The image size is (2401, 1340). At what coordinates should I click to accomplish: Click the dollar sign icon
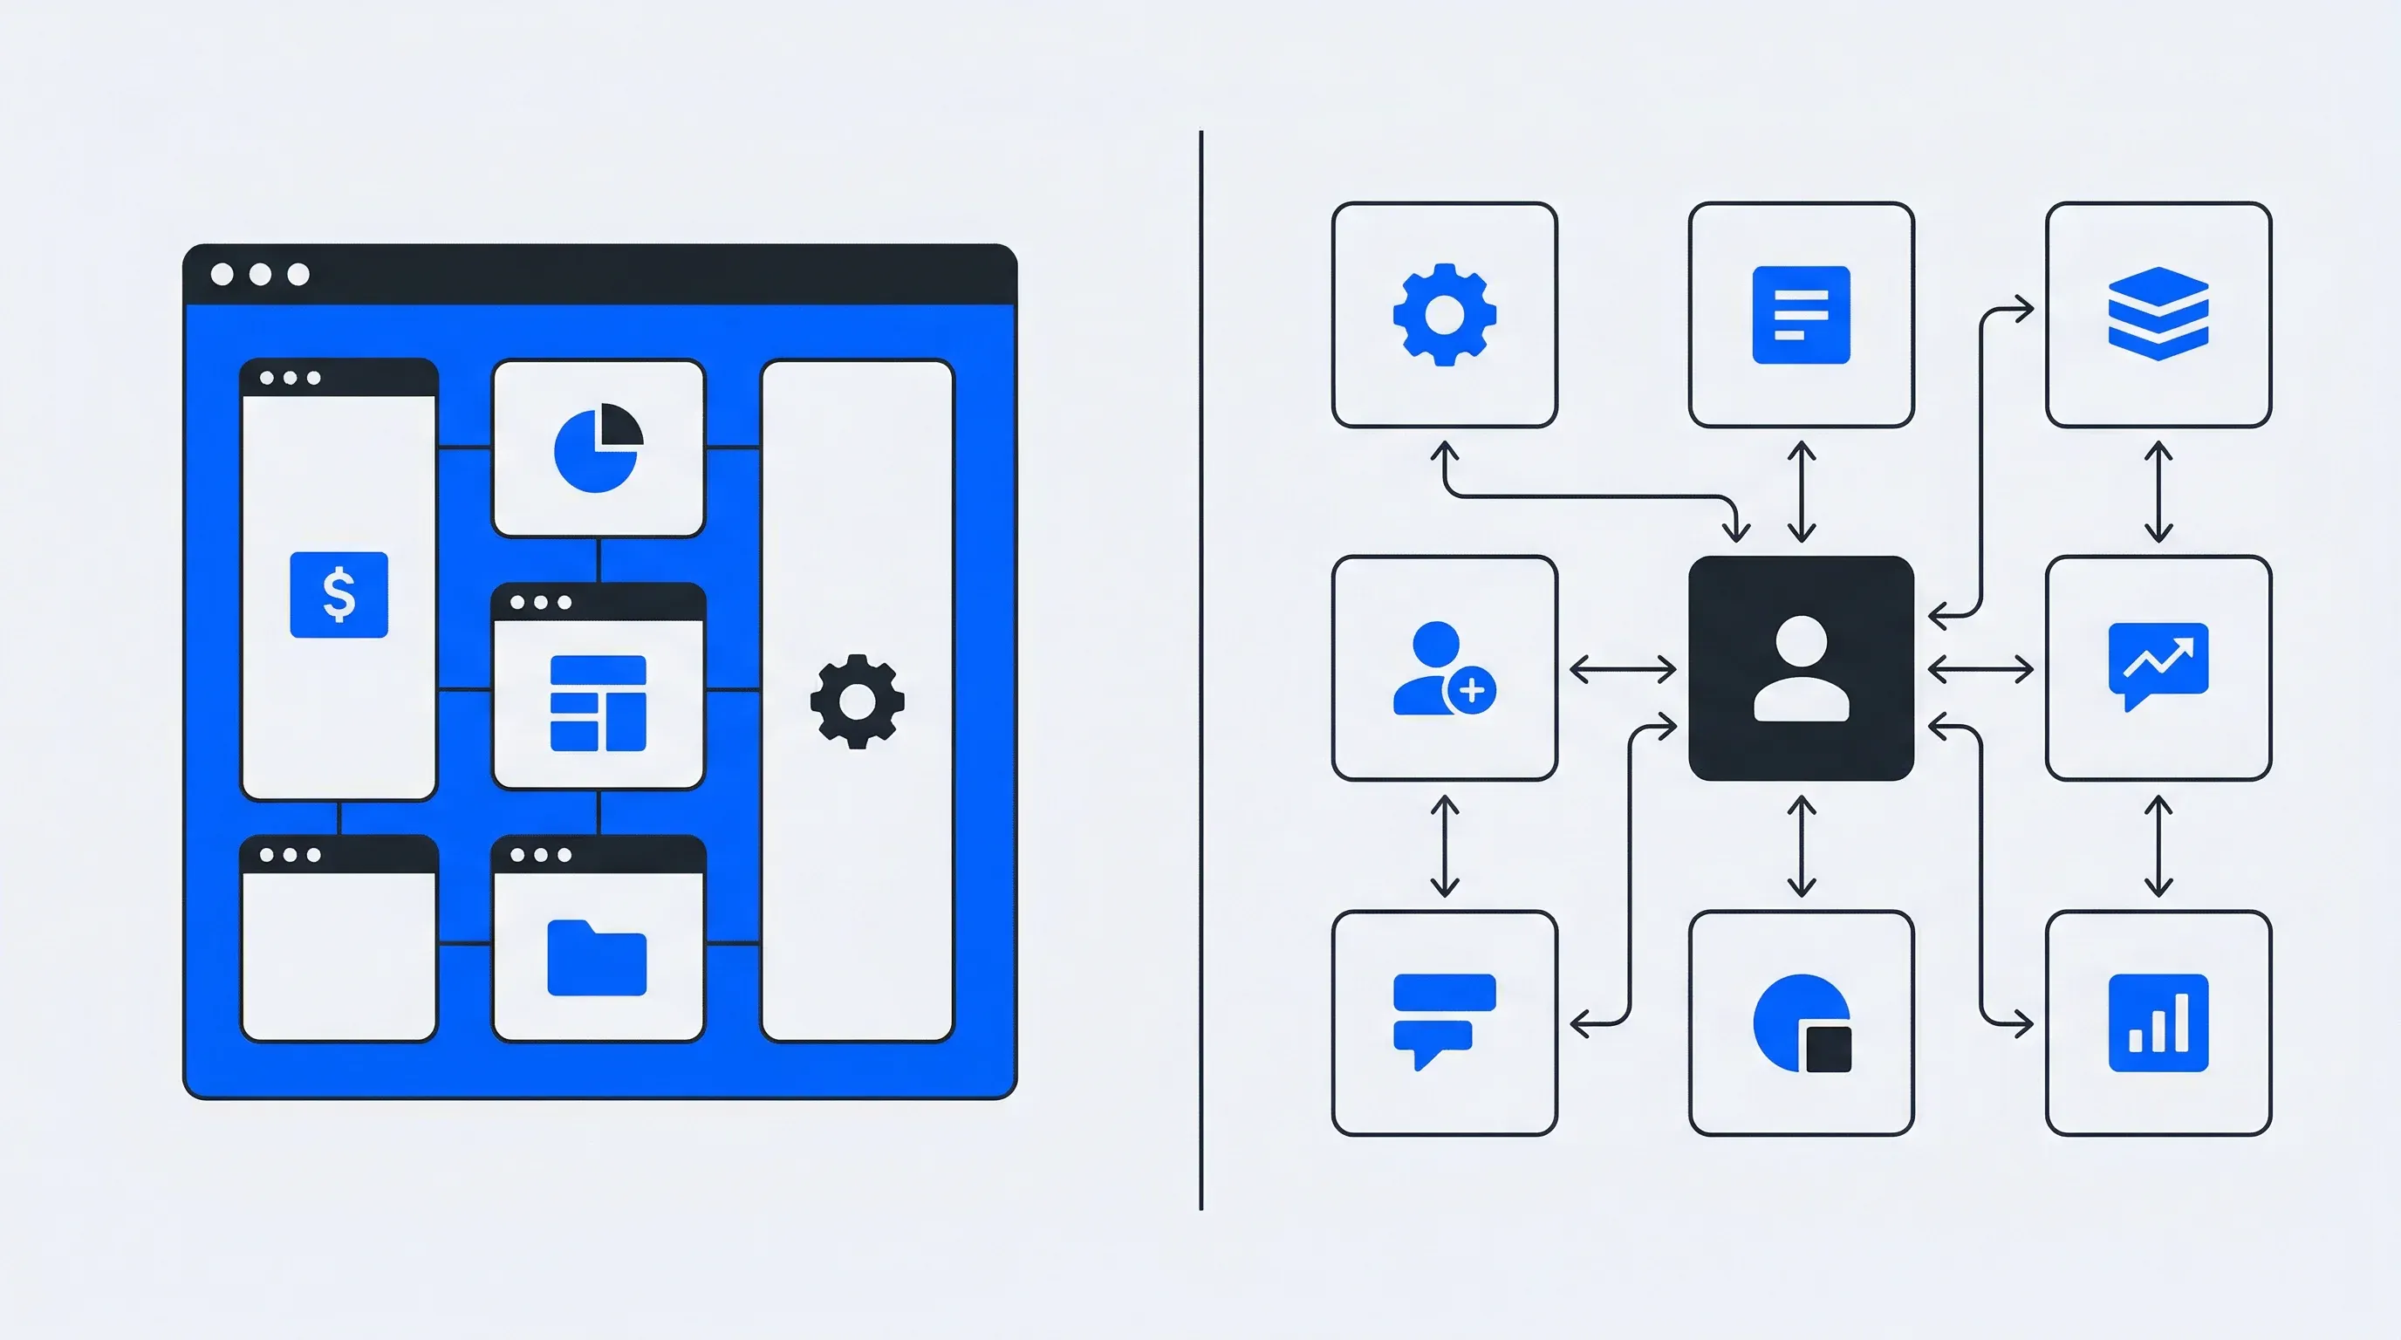[339, 594]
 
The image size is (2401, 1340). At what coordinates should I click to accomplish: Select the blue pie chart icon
[598, 448]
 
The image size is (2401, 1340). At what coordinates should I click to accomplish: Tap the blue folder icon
[597, 957]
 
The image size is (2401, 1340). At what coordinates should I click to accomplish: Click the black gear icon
[857, 701]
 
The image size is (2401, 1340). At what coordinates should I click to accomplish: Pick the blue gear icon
[1444, 315]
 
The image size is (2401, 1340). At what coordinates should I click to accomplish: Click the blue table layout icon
[598, 702]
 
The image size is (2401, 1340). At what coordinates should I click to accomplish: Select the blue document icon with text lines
[1801, 315]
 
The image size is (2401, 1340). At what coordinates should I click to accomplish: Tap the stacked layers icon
[2158, 314]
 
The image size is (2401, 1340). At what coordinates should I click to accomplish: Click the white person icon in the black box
[1801, 668]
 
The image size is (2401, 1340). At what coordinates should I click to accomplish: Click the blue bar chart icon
[2158, 1023]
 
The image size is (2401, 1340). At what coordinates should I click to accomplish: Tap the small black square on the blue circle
[1828, 1049]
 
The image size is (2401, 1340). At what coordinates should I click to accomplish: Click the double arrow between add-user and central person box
[1623, 669]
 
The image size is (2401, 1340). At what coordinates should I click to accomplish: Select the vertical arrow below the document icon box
[1801, 492]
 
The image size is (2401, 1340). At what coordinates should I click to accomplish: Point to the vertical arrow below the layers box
[2158, 492]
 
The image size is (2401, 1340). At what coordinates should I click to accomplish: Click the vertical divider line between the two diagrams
[1200, 671]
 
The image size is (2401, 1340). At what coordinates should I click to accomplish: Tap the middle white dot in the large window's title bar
[260, 274]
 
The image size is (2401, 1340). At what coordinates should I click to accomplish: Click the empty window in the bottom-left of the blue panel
[339, 954]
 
